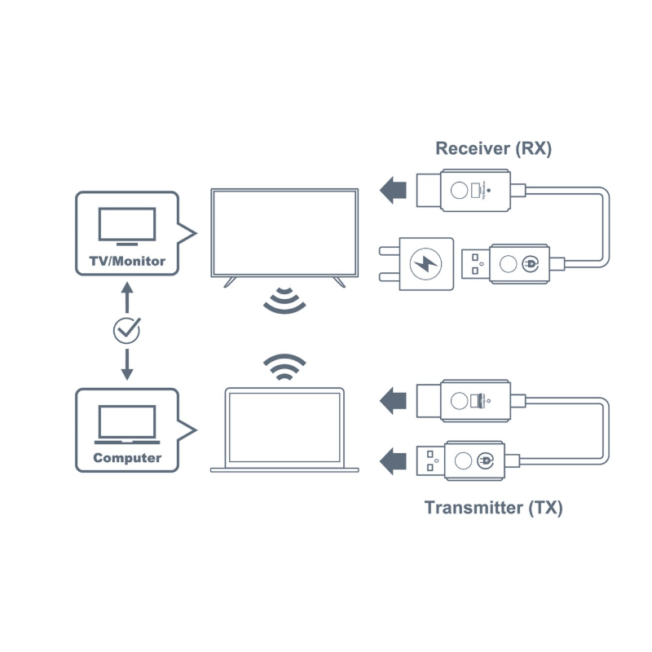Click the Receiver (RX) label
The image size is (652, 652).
coord(493,148)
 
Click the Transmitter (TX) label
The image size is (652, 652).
coord(493,508)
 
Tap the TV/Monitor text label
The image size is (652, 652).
coord(126,262)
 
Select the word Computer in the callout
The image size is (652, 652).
coord(126,457)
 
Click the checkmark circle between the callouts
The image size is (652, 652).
coord(126,329)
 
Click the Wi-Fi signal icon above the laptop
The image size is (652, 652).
coord(284,368)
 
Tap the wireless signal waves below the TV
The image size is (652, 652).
coord(284,301)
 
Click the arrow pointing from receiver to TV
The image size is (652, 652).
coord(394,191)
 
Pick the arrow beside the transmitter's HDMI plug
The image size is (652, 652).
coord(394,400)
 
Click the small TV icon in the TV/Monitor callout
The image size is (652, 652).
coord(126,226)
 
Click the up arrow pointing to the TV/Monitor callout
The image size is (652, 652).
coord(126,292)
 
